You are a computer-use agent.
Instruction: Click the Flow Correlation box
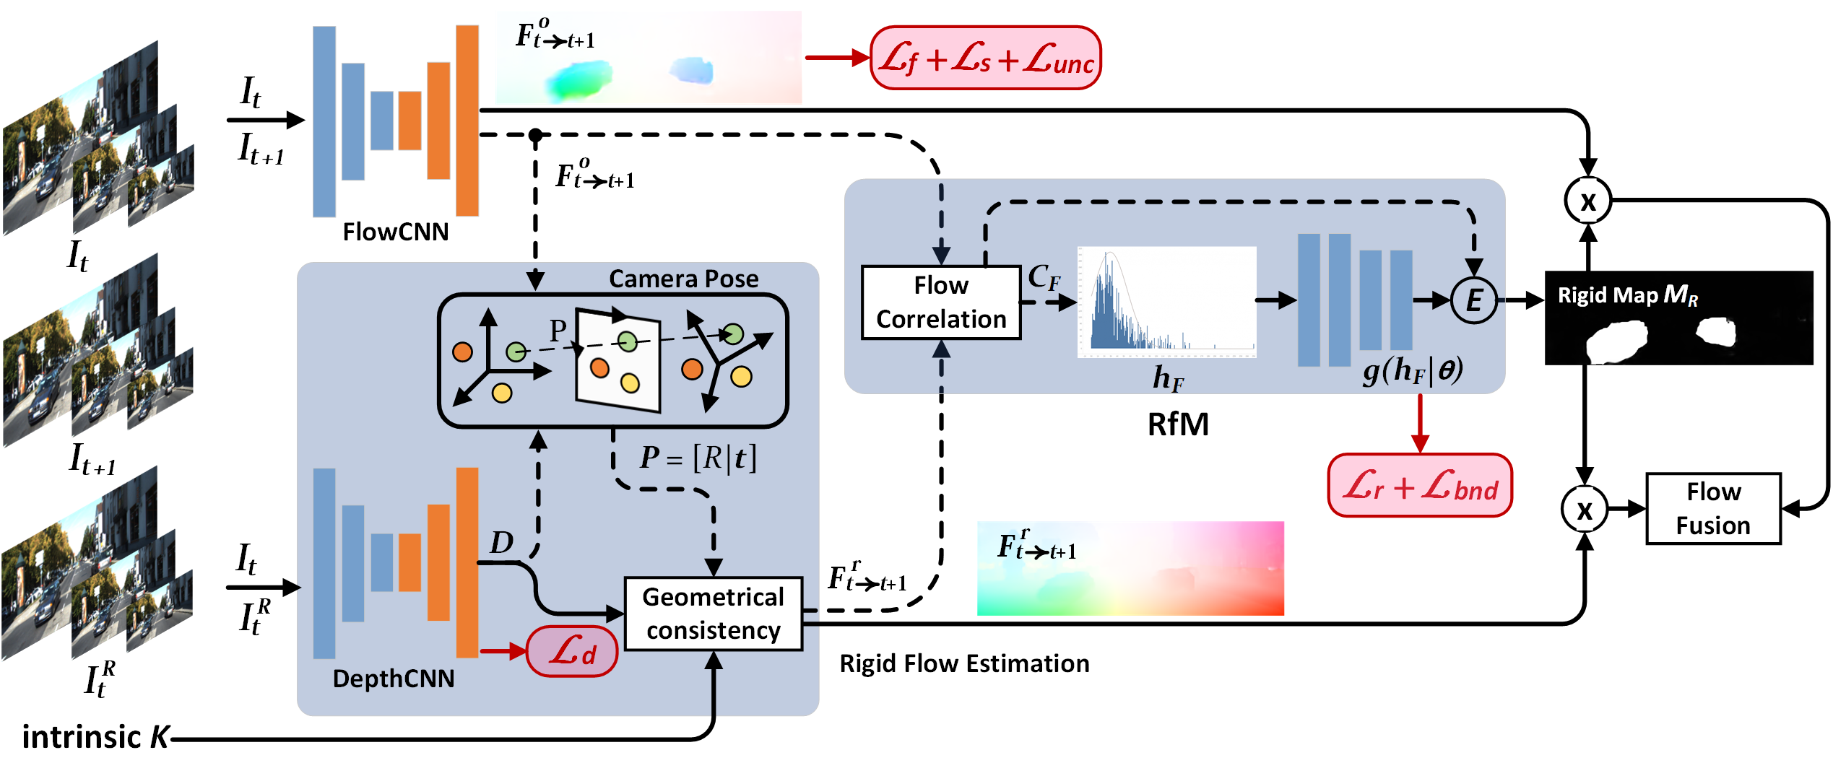coord(940,302)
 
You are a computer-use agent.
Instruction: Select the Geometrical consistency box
coord(713,614)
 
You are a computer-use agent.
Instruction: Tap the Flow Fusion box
coord(1712,508)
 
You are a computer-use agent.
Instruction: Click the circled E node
coord(1473,300)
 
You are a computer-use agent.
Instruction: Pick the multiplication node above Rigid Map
coord(1587,201)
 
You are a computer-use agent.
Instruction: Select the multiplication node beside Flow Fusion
coord(1584,509)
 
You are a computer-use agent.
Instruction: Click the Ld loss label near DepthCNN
coord(572,651)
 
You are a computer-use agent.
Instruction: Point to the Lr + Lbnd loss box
coord(1419,486)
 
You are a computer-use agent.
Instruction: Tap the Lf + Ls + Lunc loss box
coord(985,58)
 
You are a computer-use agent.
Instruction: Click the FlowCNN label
coord(395,232)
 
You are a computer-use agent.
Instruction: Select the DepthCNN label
coord(393,679)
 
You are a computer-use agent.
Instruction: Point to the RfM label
coord(1177,424)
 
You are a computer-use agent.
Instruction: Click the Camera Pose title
coord(683,279)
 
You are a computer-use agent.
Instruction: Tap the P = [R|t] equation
coord(698,458)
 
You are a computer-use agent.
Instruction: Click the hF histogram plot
coord(1166,302)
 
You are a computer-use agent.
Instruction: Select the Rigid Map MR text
coord(1627,295)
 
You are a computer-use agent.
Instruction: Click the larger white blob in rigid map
coord(1616,341)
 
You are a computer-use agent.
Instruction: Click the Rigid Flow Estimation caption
coord(963,663)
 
